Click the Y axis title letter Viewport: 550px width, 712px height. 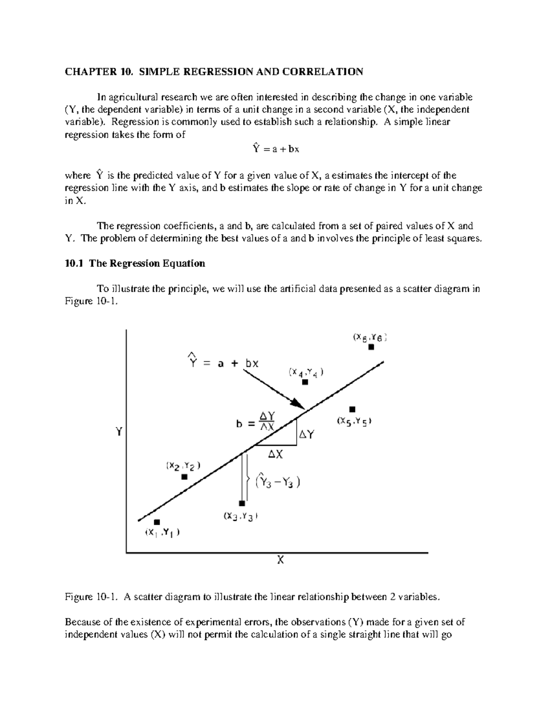[x=119, y=431]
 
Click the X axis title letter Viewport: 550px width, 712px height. [x=280, y=560]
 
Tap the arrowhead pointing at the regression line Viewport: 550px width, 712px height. [x=298, y=404]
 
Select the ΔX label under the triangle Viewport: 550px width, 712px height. [x=275, y=454]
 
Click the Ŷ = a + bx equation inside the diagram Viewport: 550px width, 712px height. [x=223, y=363]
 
